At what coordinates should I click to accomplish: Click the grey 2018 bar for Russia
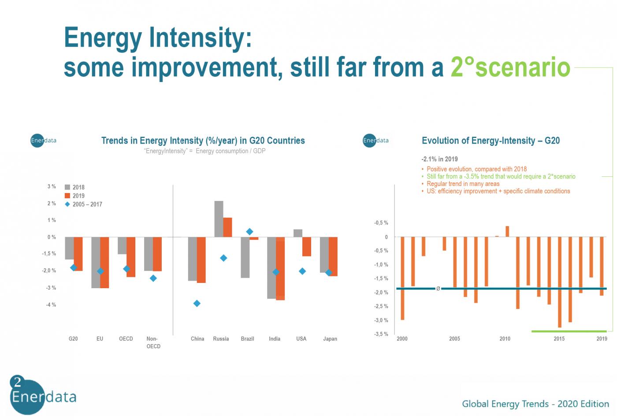[x=219, y=219]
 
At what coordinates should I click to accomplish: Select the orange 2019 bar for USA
[x=307, y=246]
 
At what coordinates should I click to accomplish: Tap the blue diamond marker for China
[x=197, y=304]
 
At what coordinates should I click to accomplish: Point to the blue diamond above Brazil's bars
[x=249, y=232]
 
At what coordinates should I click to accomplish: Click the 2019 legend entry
[x=74, y=196]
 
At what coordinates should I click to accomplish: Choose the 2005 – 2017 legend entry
[x=83, y=204]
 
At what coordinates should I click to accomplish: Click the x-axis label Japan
[x=330, y=339]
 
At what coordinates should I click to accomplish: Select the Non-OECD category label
[x=153, y=342]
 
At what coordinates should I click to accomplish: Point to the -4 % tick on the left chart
[x=51, y=305]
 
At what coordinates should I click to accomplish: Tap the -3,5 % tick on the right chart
[x=381, y=334]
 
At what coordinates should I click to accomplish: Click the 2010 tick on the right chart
[x=505, y=339]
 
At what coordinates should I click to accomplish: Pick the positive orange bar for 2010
[x=507, y=231]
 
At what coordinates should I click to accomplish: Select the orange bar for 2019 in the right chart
[x=602, y=266]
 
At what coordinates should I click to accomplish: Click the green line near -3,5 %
[x=569, y=331]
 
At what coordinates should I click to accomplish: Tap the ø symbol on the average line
[x=438, y=289]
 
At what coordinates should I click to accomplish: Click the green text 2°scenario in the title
[x=510, y=67]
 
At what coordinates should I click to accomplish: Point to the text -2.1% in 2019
[x=440, y=159]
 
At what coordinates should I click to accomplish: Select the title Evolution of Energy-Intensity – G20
[x=491, y=141]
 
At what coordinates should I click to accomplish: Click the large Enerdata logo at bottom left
[x=43, y=395]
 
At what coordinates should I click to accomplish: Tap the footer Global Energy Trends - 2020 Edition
[x=535, y=404]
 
